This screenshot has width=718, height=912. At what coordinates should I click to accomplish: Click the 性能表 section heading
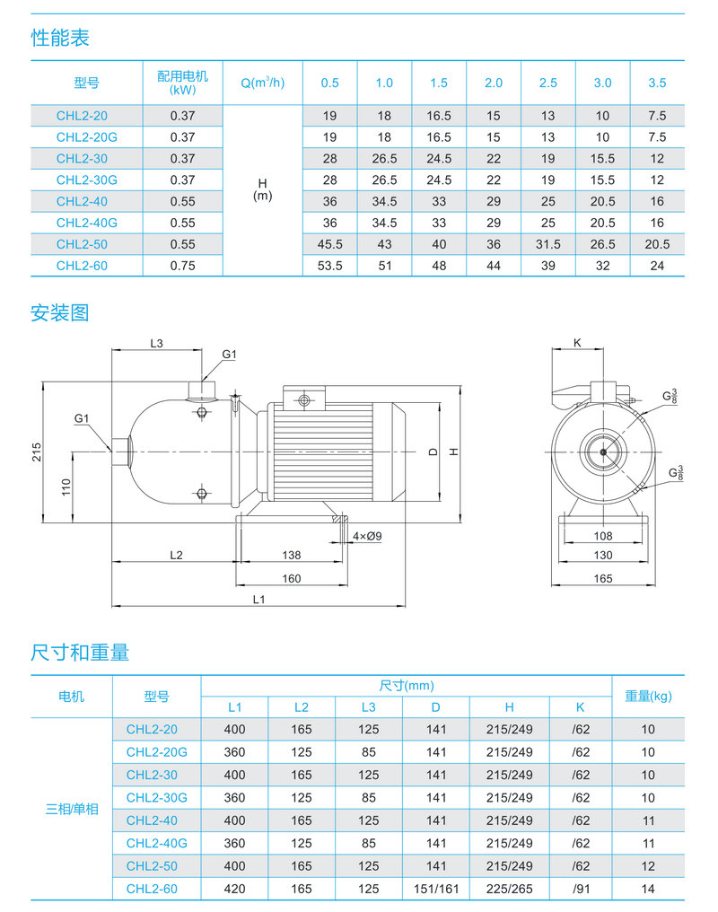(x=60, y=39)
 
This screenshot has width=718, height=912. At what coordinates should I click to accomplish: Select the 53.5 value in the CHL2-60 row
(x=329, y=266)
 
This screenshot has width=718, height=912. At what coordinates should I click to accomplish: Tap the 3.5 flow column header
(x=657, y=83)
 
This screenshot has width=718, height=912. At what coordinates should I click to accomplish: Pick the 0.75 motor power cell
(x=182, y=266)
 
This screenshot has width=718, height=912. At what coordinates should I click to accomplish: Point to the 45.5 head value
(x=329, y=244)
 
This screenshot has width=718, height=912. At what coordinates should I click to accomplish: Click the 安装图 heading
(x=60, y=313)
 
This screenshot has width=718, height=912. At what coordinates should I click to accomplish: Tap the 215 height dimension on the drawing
(x=37, y=452)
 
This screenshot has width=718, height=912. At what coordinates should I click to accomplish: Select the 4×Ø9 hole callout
(x=367, y=536)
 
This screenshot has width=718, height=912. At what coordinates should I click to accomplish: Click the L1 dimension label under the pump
(x=258, y=598)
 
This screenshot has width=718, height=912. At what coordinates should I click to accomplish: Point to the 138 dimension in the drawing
(x=292, y=555)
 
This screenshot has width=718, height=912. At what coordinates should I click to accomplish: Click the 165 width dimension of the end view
(x=603, y=579)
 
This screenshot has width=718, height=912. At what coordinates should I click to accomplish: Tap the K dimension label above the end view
(x=577, y=343)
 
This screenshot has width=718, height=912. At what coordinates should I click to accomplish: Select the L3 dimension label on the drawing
(x=156, y=343)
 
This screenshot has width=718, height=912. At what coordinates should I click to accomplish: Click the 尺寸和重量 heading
(x=80, y=653)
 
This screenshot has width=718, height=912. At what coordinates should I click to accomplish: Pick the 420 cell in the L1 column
(x=234, y=889)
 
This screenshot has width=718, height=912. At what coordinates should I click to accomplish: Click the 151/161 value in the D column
(x=436, y=889)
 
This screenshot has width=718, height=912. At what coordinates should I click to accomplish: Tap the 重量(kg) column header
(x=648, y=696)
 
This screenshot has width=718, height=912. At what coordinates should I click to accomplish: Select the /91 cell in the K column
(x=581, y=889)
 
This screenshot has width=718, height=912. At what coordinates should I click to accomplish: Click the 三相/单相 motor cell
(x=72, y=809)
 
